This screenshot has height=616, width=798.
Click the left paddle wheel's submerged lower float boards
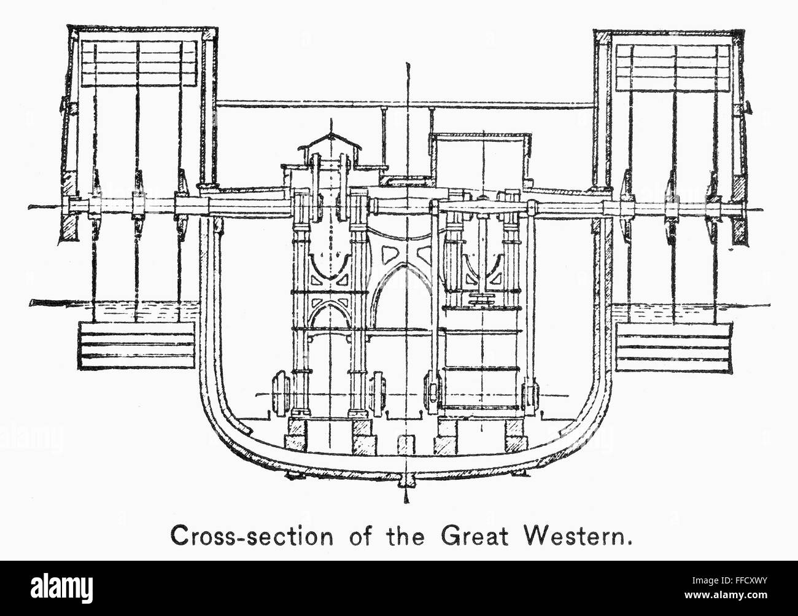click(x=136, y=345)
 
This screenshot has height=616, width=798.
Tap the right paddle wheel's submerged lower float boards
click(x=673, y=346)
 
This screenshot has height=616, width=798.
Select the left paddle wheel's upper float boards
click(x=139, y=63)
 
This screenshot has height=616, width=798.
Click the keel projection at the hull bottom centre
click(x=406, y=483)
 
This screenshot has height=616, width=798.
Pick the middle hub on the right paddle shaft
click(x=671, y=208)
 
